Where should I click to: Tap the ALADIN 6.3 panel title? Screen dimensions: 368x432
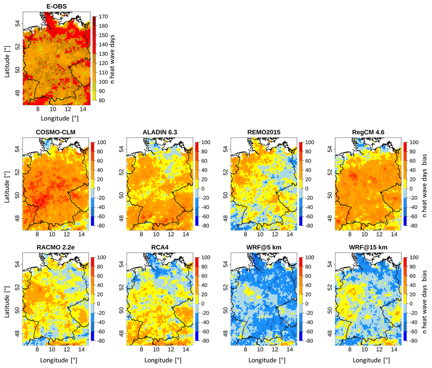(x=159, y=132)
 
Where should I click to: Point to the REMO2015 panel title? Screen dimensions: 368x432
(x=264, y=132)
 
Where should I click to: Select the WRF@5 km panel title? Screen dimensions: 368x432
(x=264, y=247)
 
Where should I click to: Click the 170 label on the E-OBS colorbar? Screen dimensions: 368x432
(x=103, y=17)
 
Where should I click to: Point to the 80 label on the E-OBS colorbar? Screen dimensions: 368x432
(x=102, y=101)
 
